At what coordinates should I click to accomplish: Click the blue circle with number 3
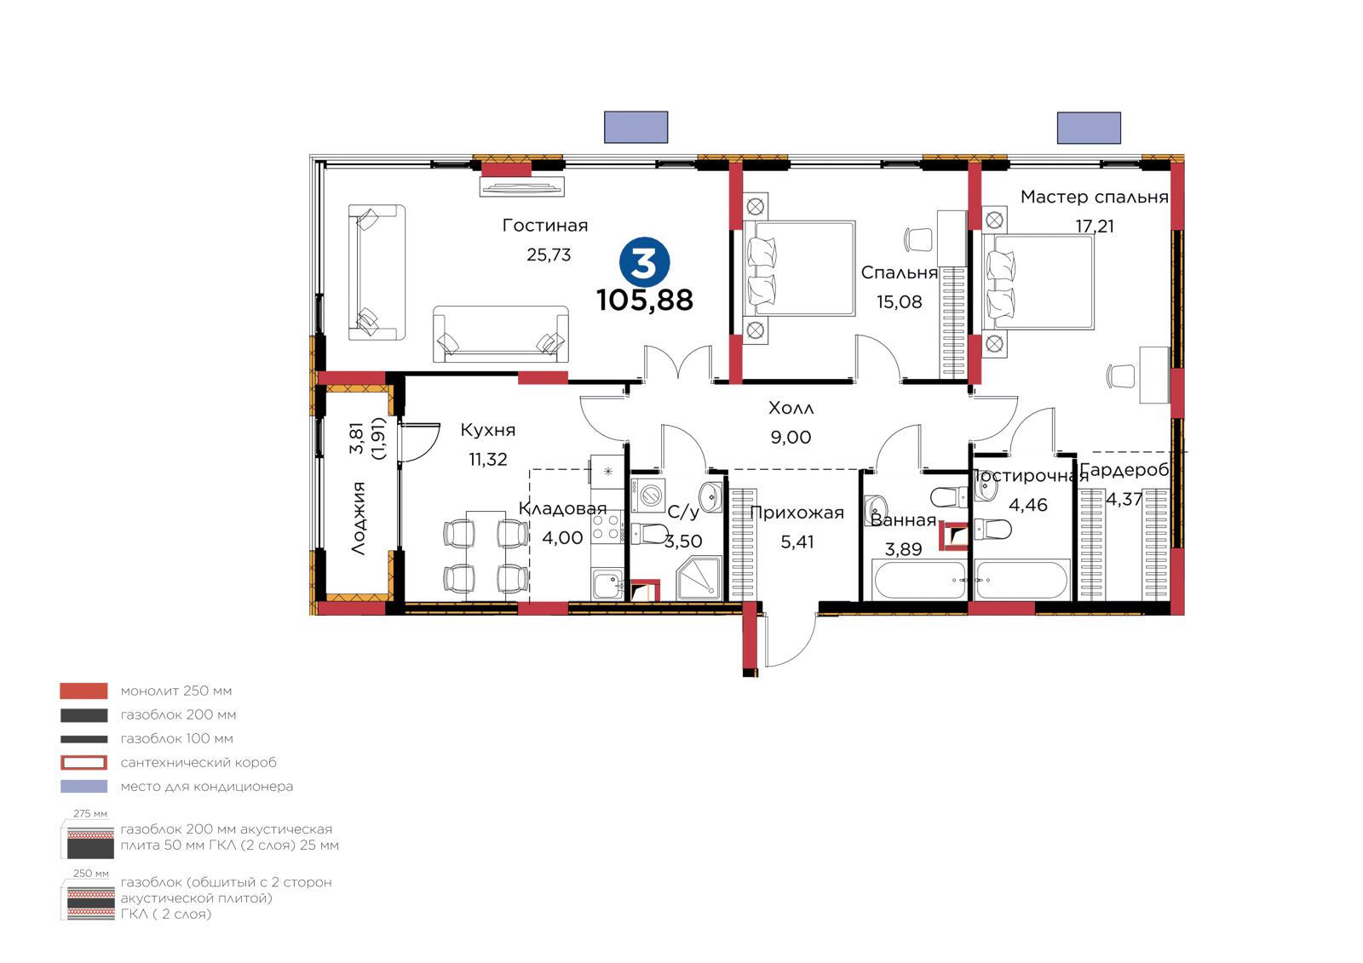pos(644,262)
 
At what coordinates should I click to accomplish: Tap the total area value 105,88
pos(644,300)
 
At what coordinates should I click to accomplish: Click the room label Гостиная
pos(545,226)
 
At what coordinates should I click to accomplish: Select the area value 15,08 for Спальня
pos(899,301)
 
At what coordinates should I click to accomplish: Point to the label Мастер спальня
pos(1094,197)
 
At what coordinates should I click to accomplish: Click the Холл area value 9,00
pos(791,437)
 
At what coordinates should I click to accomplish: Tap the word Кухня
pos(487,430)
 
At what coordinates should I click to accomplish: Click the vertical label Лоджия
pos(359,518)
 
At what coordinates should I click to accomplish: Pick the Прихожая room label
pos(797,513)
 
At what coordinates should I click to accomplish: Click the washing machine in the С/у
pos(647,496)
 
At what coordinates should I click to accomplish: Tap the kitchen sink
pos(607,585)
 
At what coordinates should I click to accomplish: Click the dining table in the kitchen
pos(485,555)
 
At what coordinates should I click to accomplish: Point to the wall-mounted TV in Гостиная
pos(522,186)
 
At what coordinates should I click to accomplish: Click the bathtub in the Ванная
pos(920,580)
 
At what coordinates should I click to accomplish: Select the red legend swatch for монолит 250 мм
pos(84,691)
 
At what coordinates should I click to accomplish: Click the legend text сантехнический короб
pos(198,762)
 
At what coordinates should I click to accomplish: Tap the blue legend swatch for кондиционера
pos(84,786)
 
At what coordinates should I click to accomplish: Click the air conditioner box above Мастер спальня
pos(1089,128)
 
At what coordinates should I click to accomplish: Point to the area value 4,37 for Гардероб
pos(1124,500)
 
